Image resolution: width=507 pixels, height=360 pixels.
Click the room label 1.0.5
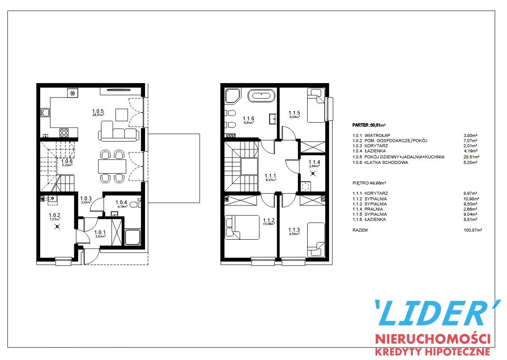pyautogui.click(x=98, y=111)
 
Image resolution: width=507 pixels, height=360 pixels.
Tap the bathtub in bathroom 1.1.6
pyautogui.click(x=261, y=96)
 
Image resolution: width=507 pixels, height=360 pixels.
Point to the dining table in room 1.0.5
pyautogui.click(x=112, y=166)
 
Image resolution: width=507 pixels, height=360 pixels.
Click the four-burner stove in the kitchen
pyautogui.click(x=64, y=133)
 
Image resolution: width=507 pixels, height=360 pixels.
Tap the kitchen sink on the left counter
pyautogui.click(x=44, y=112)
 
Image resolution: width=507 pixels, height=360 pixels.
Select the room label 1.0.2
pyautogui.click(x=54, y=215)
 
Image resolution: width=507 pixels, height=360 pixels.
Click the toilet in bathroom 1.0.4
pyautogui.click(x=134, y=204)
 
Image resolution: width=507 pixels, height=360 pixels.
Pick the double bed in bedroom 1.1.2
pyautogui.click(x=242, y=227)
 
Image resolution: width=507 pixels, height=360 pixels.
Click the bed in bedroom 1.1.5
pyautogui.click(x=316, y=105)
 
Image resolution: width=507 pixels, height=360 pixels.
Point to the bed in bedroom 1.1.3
pyautogui.click(x=316, y=240)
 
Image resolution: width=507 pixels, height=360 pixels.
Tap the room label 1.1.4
pyautogui.click(x=314, y=162)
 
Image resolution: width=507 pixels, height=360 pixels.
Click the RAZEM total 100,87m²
pyautogui.click(x=473, y=230)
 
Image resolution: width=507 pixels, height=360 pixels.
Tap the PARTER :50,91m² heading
pyautogui.click(x=369, y=125)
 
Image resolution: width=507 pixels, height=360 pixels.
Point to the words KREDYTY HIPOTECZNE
pyautogui.click(x=433, y=351)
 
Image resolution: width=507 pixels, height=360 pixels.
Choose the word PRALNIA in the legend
pyautogui.click(x=374, y=209)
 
